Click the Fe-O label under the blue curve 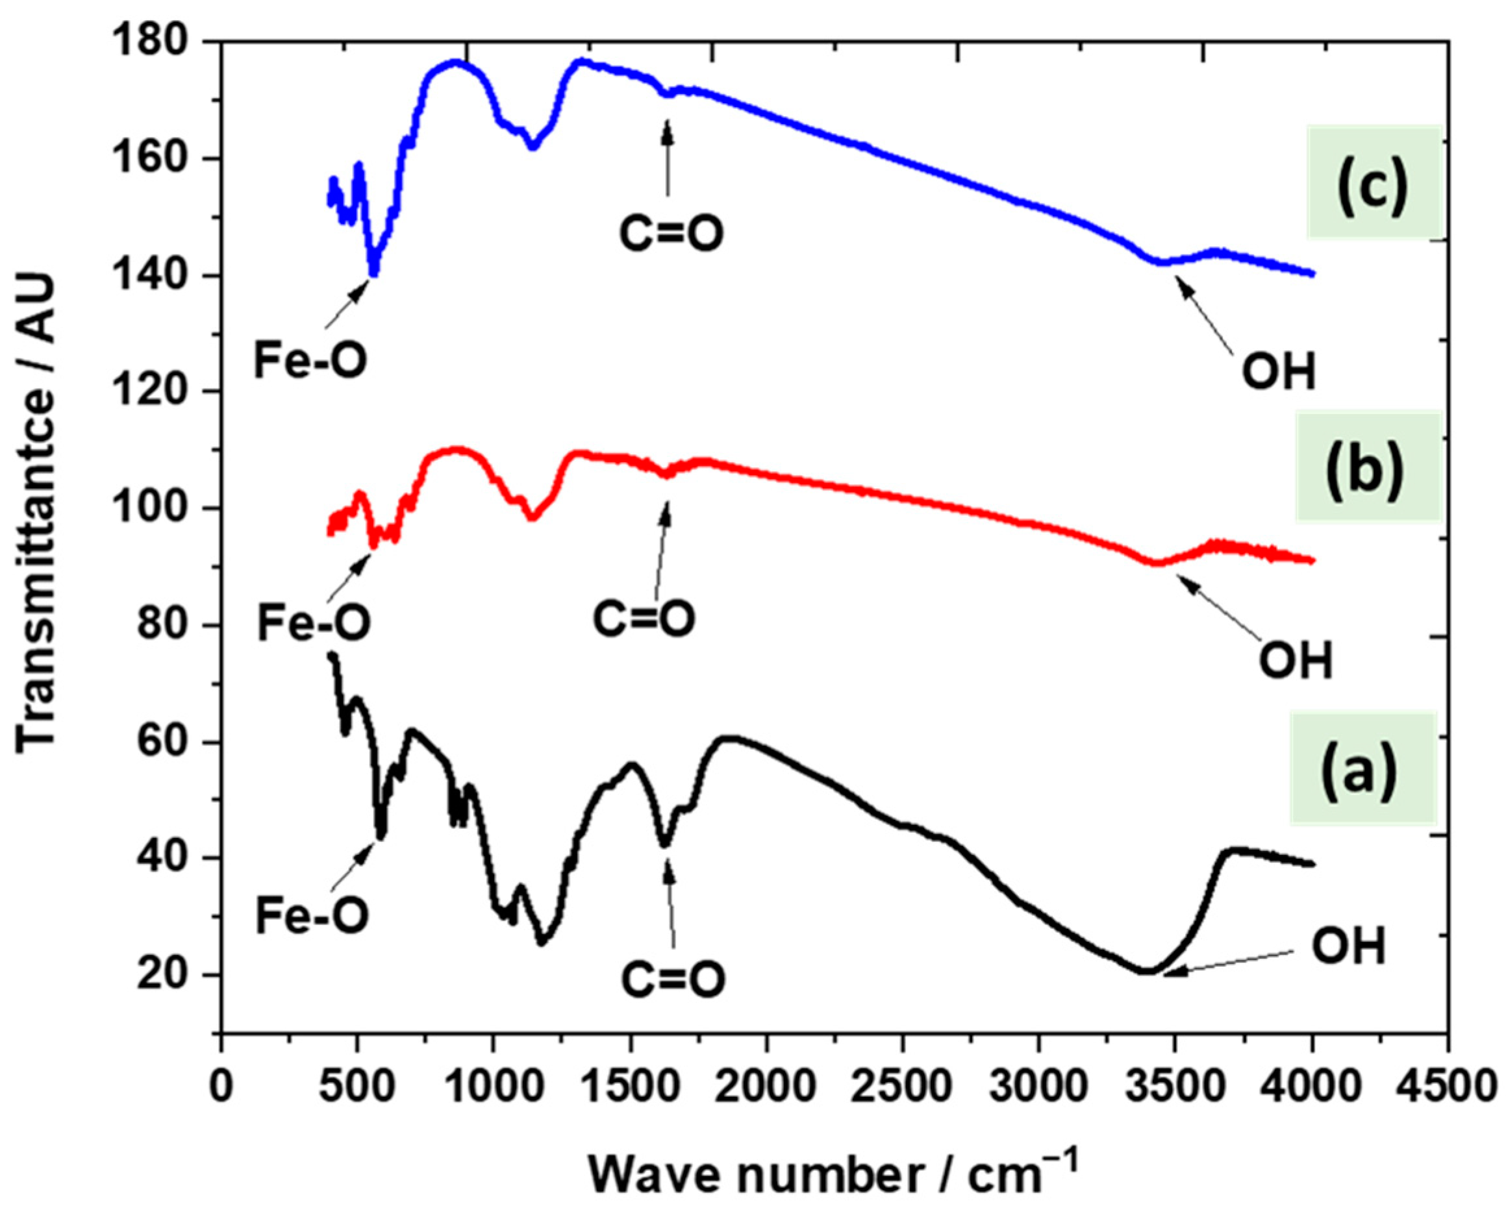(x=310, y=362)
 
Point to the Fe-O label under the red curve (x=314, y=624)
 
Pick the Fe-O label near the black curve (x=312, y=917)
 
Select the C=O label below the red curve (x=644, y=619)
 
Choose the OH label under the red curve (x=1296, y=661)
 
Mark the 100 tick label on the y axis (x=161, y=508)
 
